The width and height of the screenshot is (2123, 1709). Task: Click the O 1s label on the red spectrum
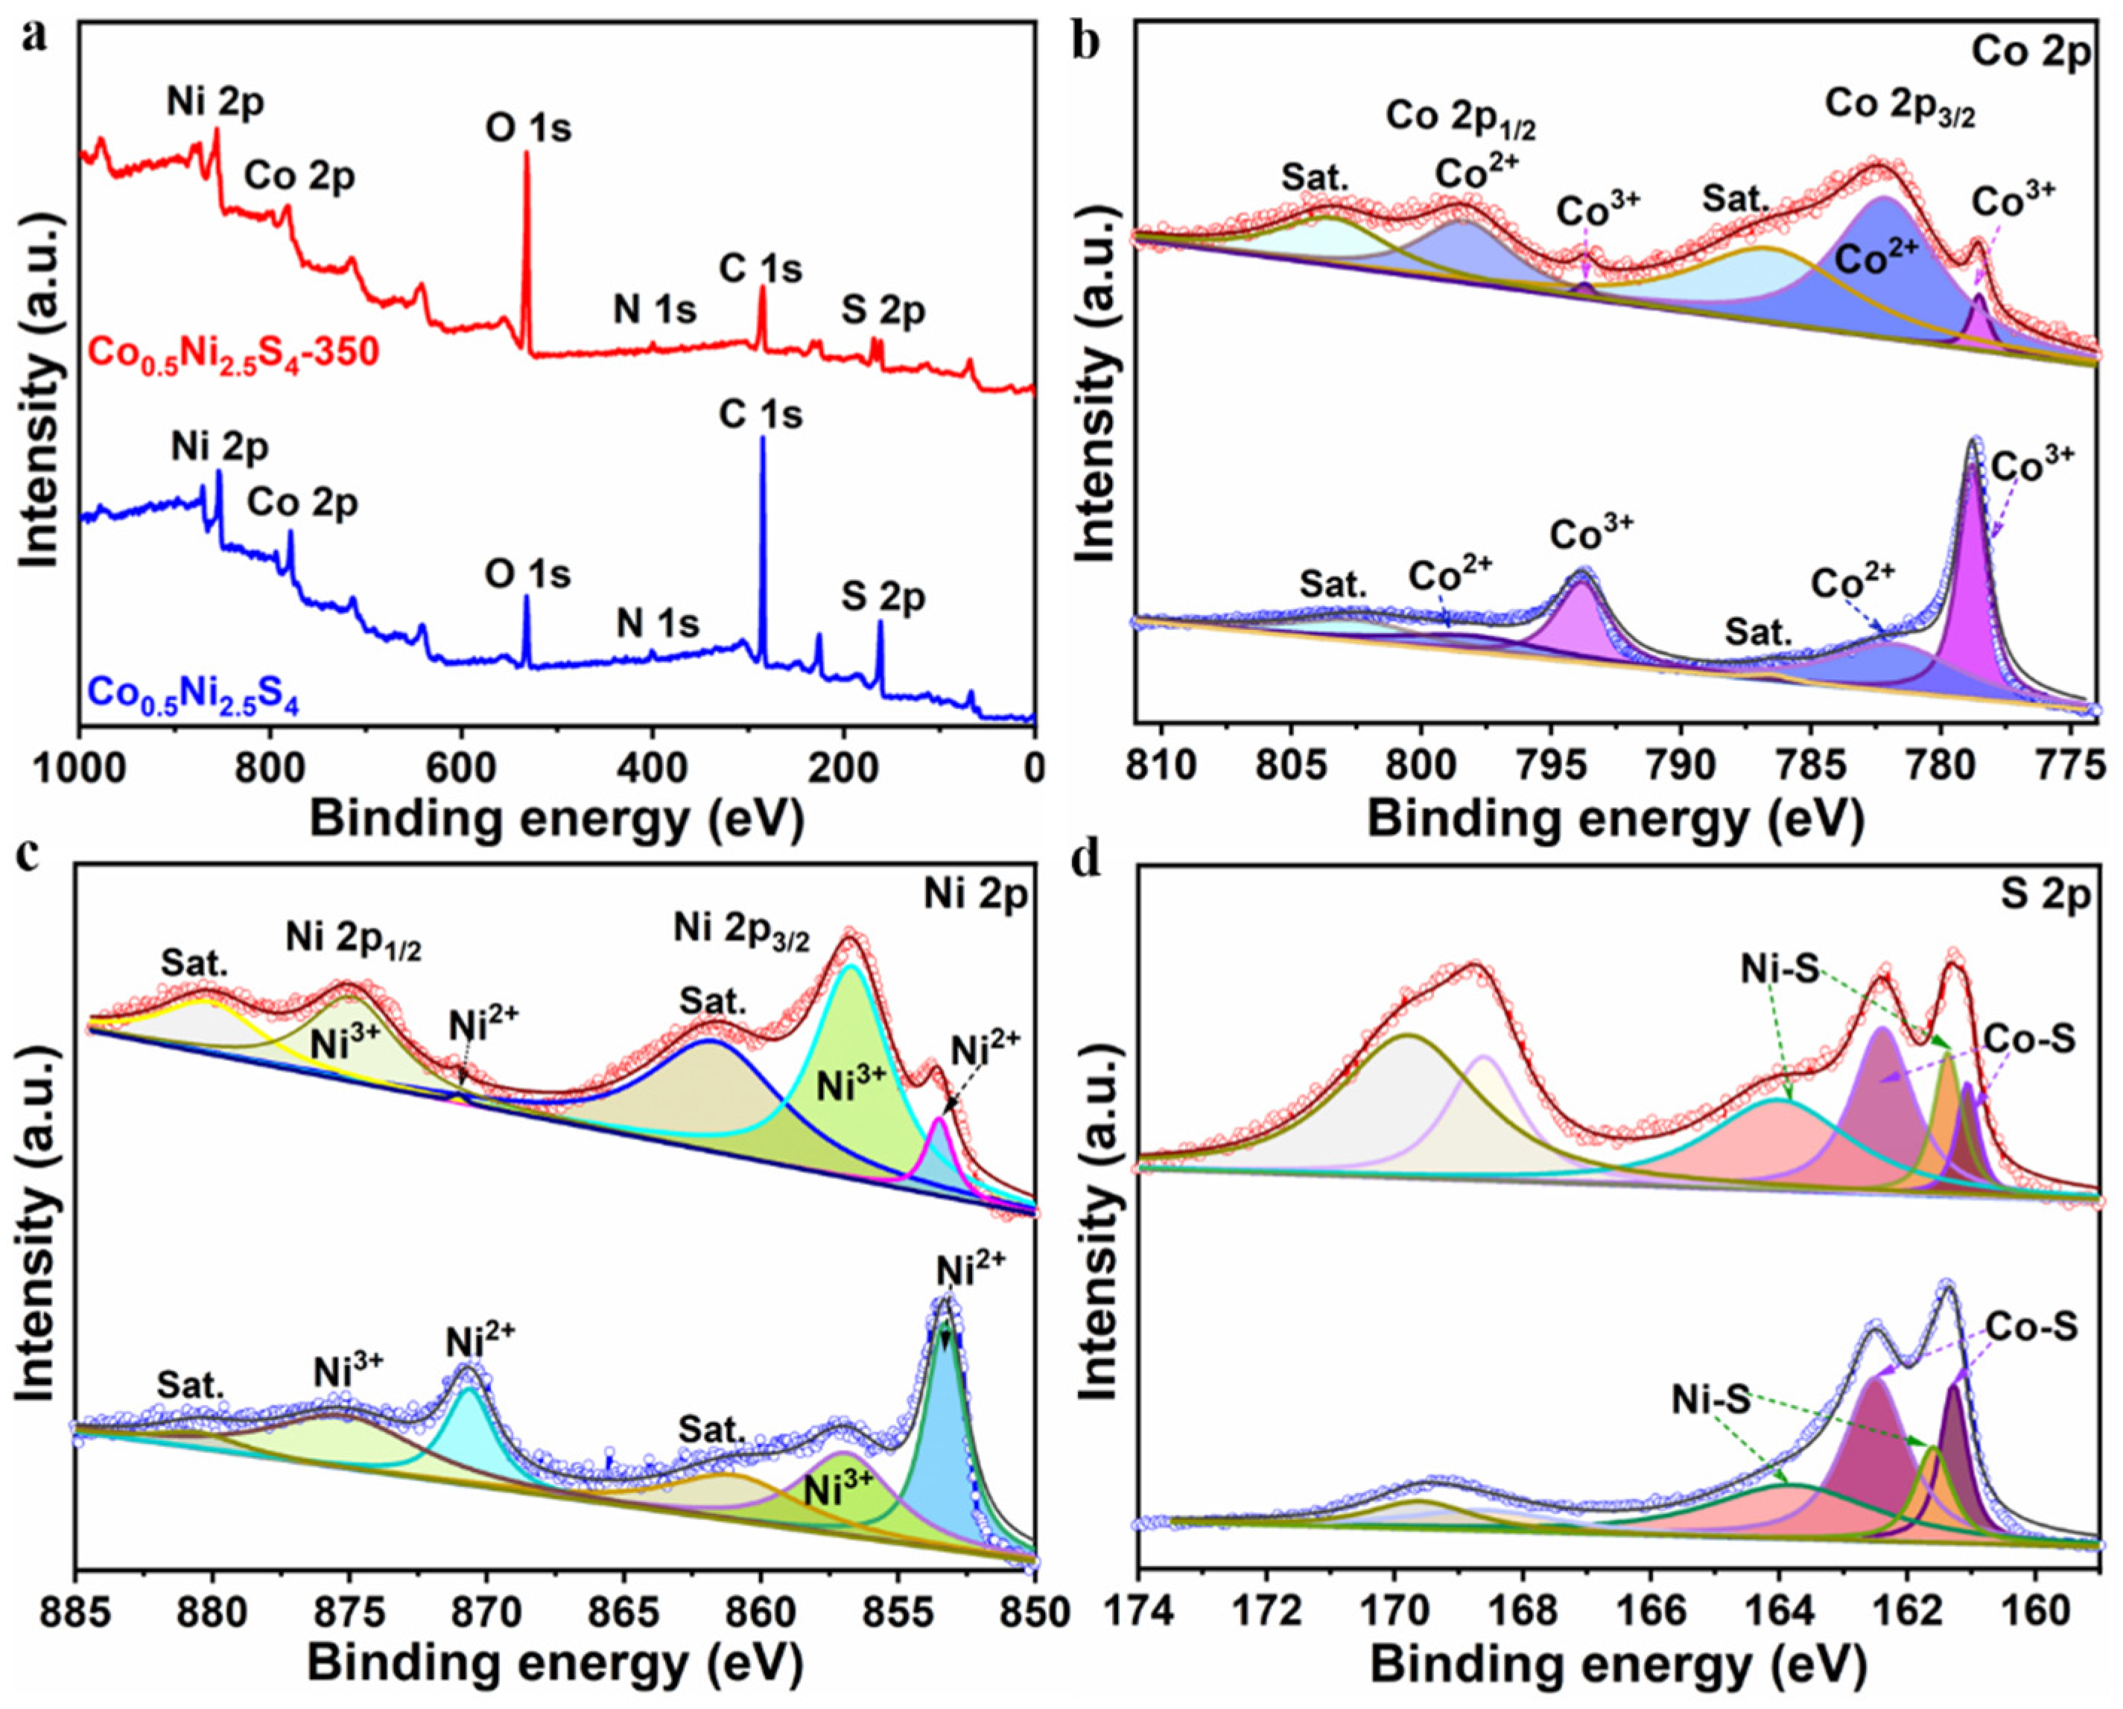528,128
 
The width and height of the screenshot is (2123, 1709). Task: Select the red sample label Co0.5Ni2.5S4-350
233,352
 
